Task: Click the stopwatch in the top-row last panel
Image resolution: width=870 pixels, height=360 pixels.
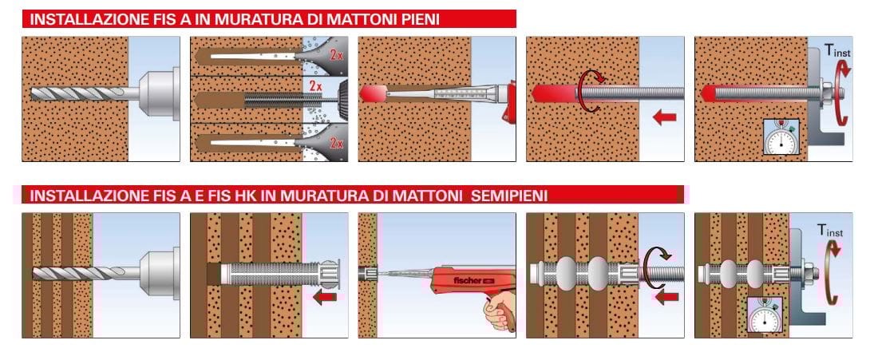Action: pos(781,136)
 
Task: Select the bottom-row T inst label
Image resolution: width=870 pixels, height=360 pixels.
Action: pos(829,230)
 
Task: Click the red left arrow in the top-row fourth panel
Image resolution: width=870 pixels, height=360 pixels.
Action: pos(665,117)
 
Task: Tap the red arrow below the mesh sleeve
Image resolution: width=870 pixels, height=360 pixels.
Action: pos(325,297)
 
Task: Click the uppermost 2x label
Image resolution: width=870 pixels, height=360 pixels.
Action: pos(335,54)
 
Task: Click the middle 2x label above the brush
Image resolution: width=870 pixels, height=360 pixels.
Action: pos(316,85)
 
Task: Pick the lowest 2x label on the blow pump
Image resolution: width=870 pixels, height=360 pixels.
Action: pos(336,144)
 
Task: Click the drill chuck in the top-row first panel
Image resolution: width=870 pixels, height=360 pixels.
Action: pos(159,93)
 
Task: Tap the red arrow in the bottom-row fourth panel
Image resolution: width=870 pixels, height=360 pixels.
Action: pos(666,297)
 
